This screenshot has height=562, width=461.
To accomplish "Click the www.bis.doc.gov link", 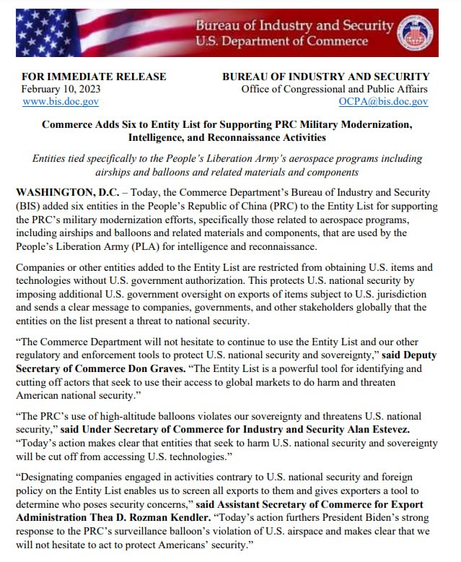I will [61, 102].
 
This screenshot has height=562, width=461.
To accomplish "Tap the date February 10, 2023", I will [61, 89].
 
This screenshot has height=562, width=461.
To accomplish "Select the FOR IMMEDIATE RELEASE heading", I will [94, 76].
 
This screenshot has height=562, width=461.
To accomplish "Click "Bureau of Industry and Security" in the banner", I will [295, 25].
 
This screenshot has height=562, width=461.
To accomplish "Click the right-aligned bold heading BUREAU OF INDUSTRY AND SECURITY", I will [325, 76].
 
